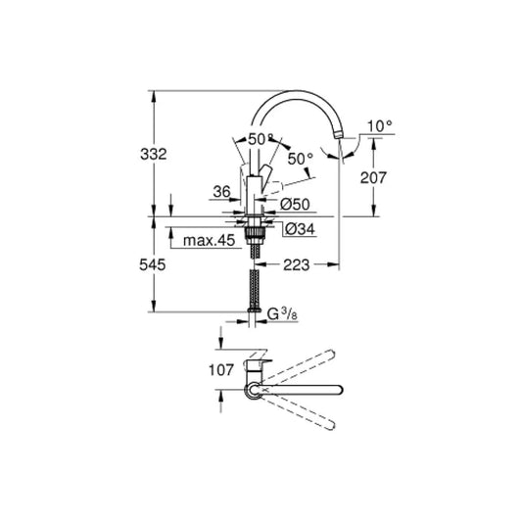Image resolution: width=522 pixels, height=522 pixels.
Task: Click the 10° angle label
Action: click(379, 126)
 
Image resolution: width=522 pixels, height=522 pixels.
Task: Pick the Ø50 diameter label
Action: click(295, 203)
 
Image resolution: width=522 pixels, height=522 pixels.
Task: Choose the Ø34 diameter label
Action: click(296, 229)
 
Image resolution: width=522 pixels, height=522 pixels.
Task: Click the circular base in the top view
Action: click(254, 390)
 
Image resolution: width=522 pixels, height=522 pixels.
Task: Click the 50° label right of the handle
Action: click(301, 158)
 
